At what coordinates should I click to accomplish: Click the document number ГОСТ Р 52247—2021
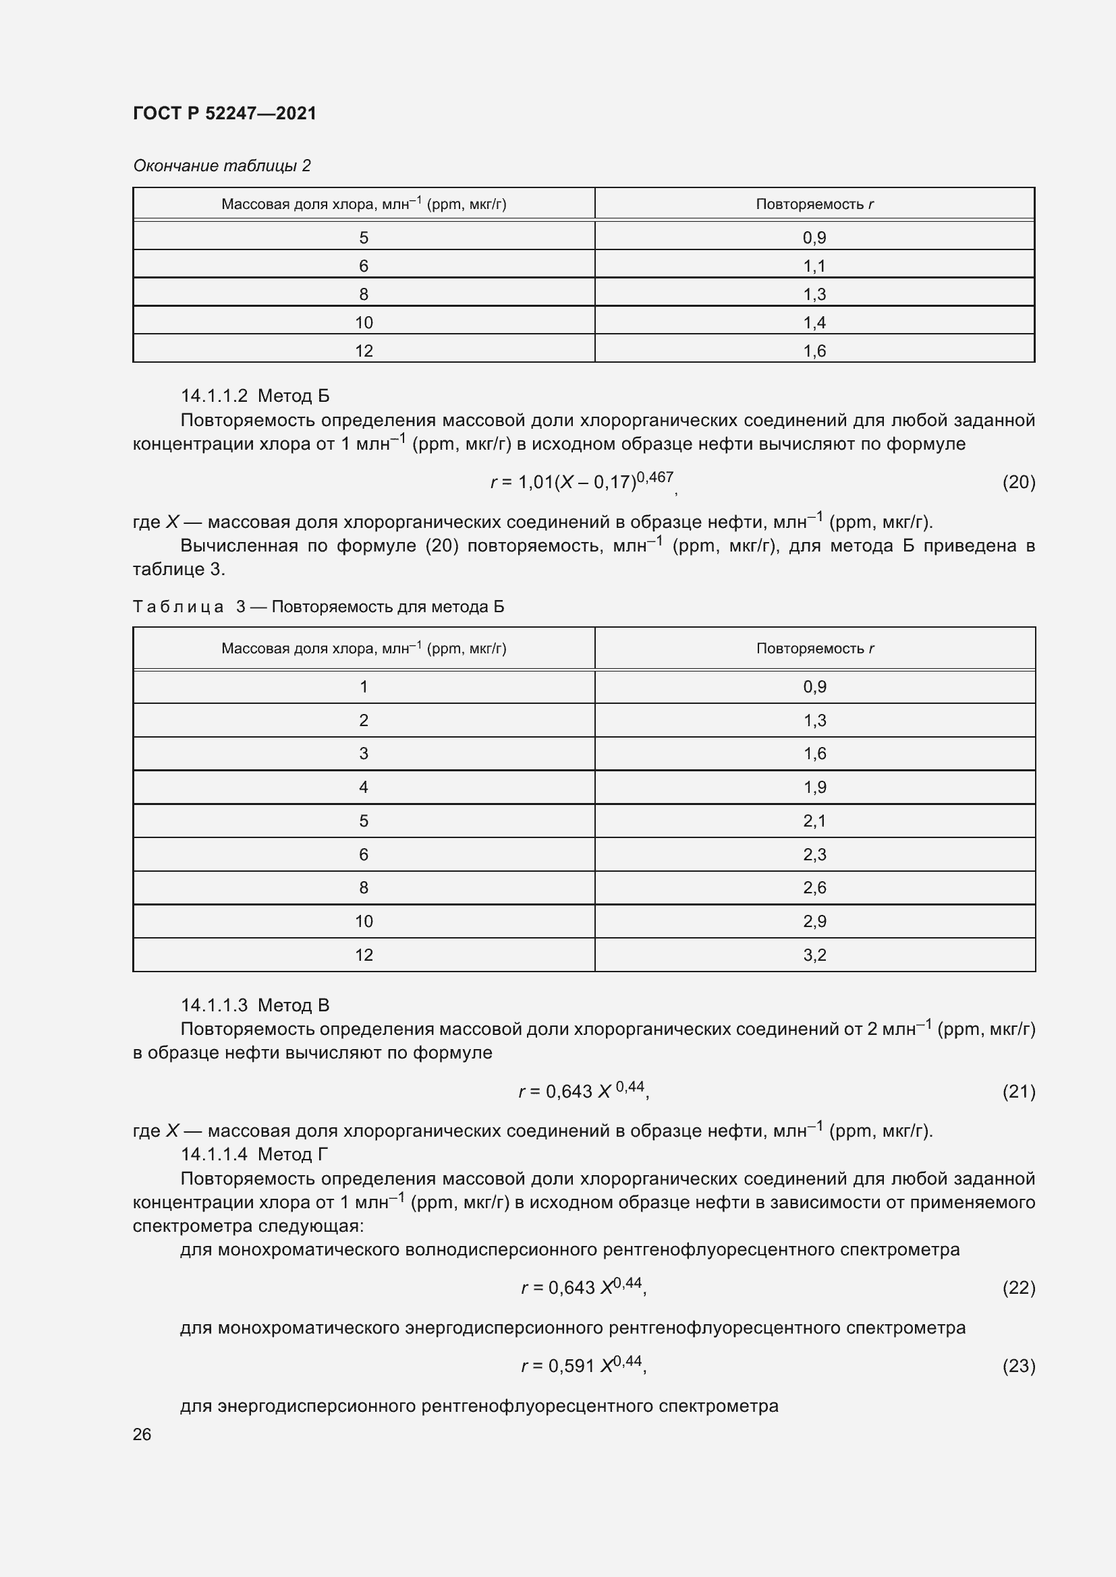225,113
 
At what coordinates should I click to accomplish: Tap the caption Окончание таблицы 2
221,166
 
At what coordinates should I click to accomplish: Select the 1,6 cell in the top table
814,351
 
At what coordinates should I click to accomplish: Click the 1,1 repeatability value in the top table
814,266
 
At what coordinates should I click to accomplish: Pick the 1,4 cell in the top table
814,323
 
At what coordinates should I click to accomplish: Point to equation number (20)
1018,482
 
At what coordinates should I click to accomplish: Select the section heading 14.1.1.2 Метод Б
255,396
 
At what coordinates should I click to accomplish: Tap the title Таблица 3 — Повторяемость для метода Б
318,607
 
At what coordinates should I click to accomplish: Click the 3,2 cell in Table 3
814,955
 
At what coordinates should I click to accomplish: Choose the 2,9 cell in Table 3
814,921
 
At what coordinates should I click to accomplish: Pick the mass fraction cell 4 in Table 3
364,787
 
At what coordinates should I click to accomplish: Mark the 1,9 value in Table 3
814,787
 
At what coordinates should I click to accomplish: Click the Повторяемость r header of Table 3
815,649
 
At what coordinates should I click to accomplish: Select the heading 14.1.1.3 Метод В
255,1005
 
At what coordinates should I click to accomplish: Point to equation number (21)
1018,1092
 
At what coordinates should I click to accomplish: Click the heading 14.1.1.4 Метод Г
254,1154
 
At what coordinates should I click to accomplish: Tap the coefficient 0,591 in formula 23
571,1366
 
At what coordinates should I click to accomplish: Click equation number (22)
1018,1288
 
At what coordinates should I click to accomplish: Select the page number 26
142,1434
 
